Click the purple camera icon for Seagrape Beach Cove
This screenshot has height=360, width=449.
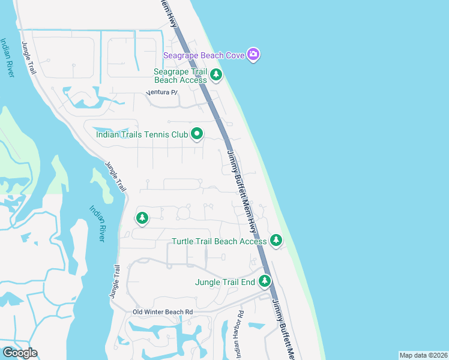(253, 55)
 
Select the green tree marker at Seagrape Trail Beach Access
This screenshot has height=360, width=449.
(216, 75)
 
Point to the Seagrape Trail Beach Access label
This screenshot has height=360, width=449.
(181, 76)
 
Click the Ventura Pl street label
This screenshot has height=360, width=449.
(163, 93)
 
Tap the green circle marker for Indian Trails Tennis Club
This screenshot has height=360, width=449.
(196, 134)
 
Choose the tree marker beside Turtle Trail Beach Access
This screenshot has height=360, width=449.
(276, 241)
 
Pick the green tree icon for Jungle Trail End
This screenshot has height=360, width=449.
(265, 281)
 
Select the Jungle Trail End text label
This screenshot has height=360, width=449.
(225, 281)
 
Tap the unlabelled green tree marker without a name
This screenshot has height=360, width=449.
(142, 218)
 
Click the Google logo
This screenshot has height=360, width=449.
(19, 353)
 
